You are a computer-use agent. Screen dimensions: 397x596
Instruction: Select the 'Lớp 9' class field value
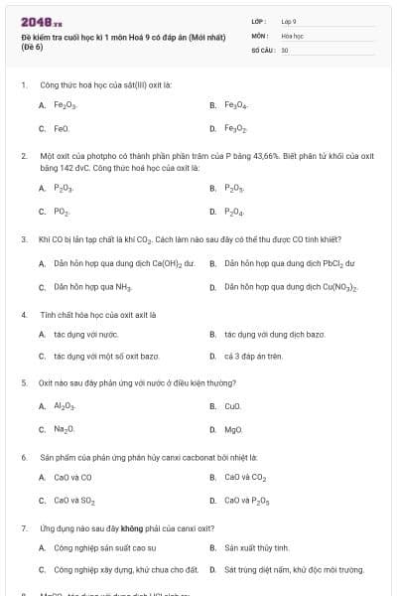point(289,21)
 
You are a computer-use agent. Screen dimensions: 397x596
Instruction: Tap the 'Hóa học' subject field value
point(292,35)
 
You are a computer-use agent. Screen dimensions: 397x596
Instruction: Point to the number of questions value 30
point(285,49)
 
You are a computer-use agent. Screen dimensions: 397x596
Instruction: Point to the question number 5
point(24,382)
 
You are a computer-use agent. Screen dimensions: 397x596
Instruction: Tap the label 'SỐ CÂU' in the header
point(262,49)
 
